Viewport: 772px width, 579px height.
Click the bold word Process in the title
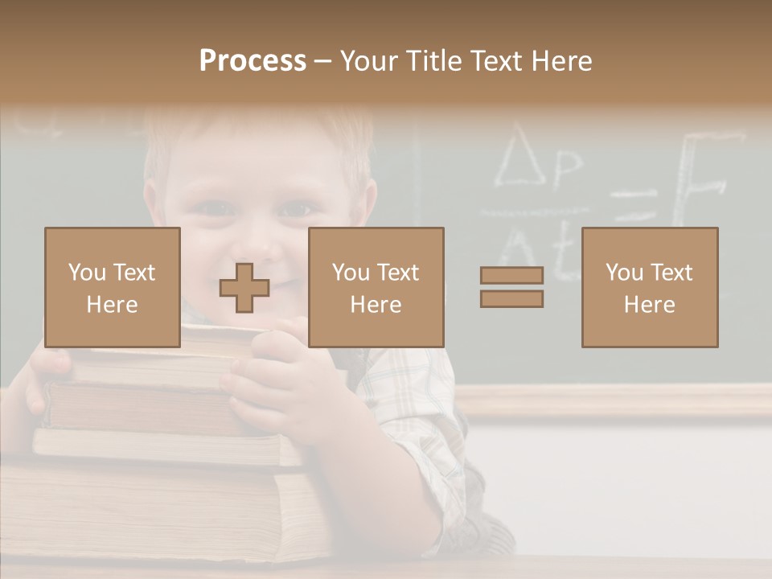pos(253,61)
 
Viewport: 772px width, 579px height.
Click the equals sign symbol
pos(511,287)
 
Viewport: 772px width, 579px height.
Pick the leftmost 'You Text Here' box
pos(112,287)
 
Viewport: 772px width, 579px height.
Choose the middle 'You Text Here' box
pos(376,287)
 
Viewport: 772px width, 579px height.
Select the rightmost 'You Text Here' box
pos(649,287)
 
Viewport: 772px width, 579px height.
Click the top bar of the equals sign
pos(511,276)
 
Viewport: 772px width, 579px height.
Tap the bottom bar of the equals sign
pos(511,298)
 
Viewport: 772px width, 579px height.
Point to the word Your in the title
pos(369,61)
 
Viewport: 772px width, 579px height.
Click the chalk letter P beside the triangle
pos(566,167)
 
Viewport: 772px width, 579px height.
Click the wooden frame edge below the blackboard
pos(619,400)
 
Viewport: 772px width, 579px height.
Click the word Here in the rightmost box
pos(649,304)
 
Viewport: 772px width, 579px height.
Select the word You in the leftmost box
pos(87,273)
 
